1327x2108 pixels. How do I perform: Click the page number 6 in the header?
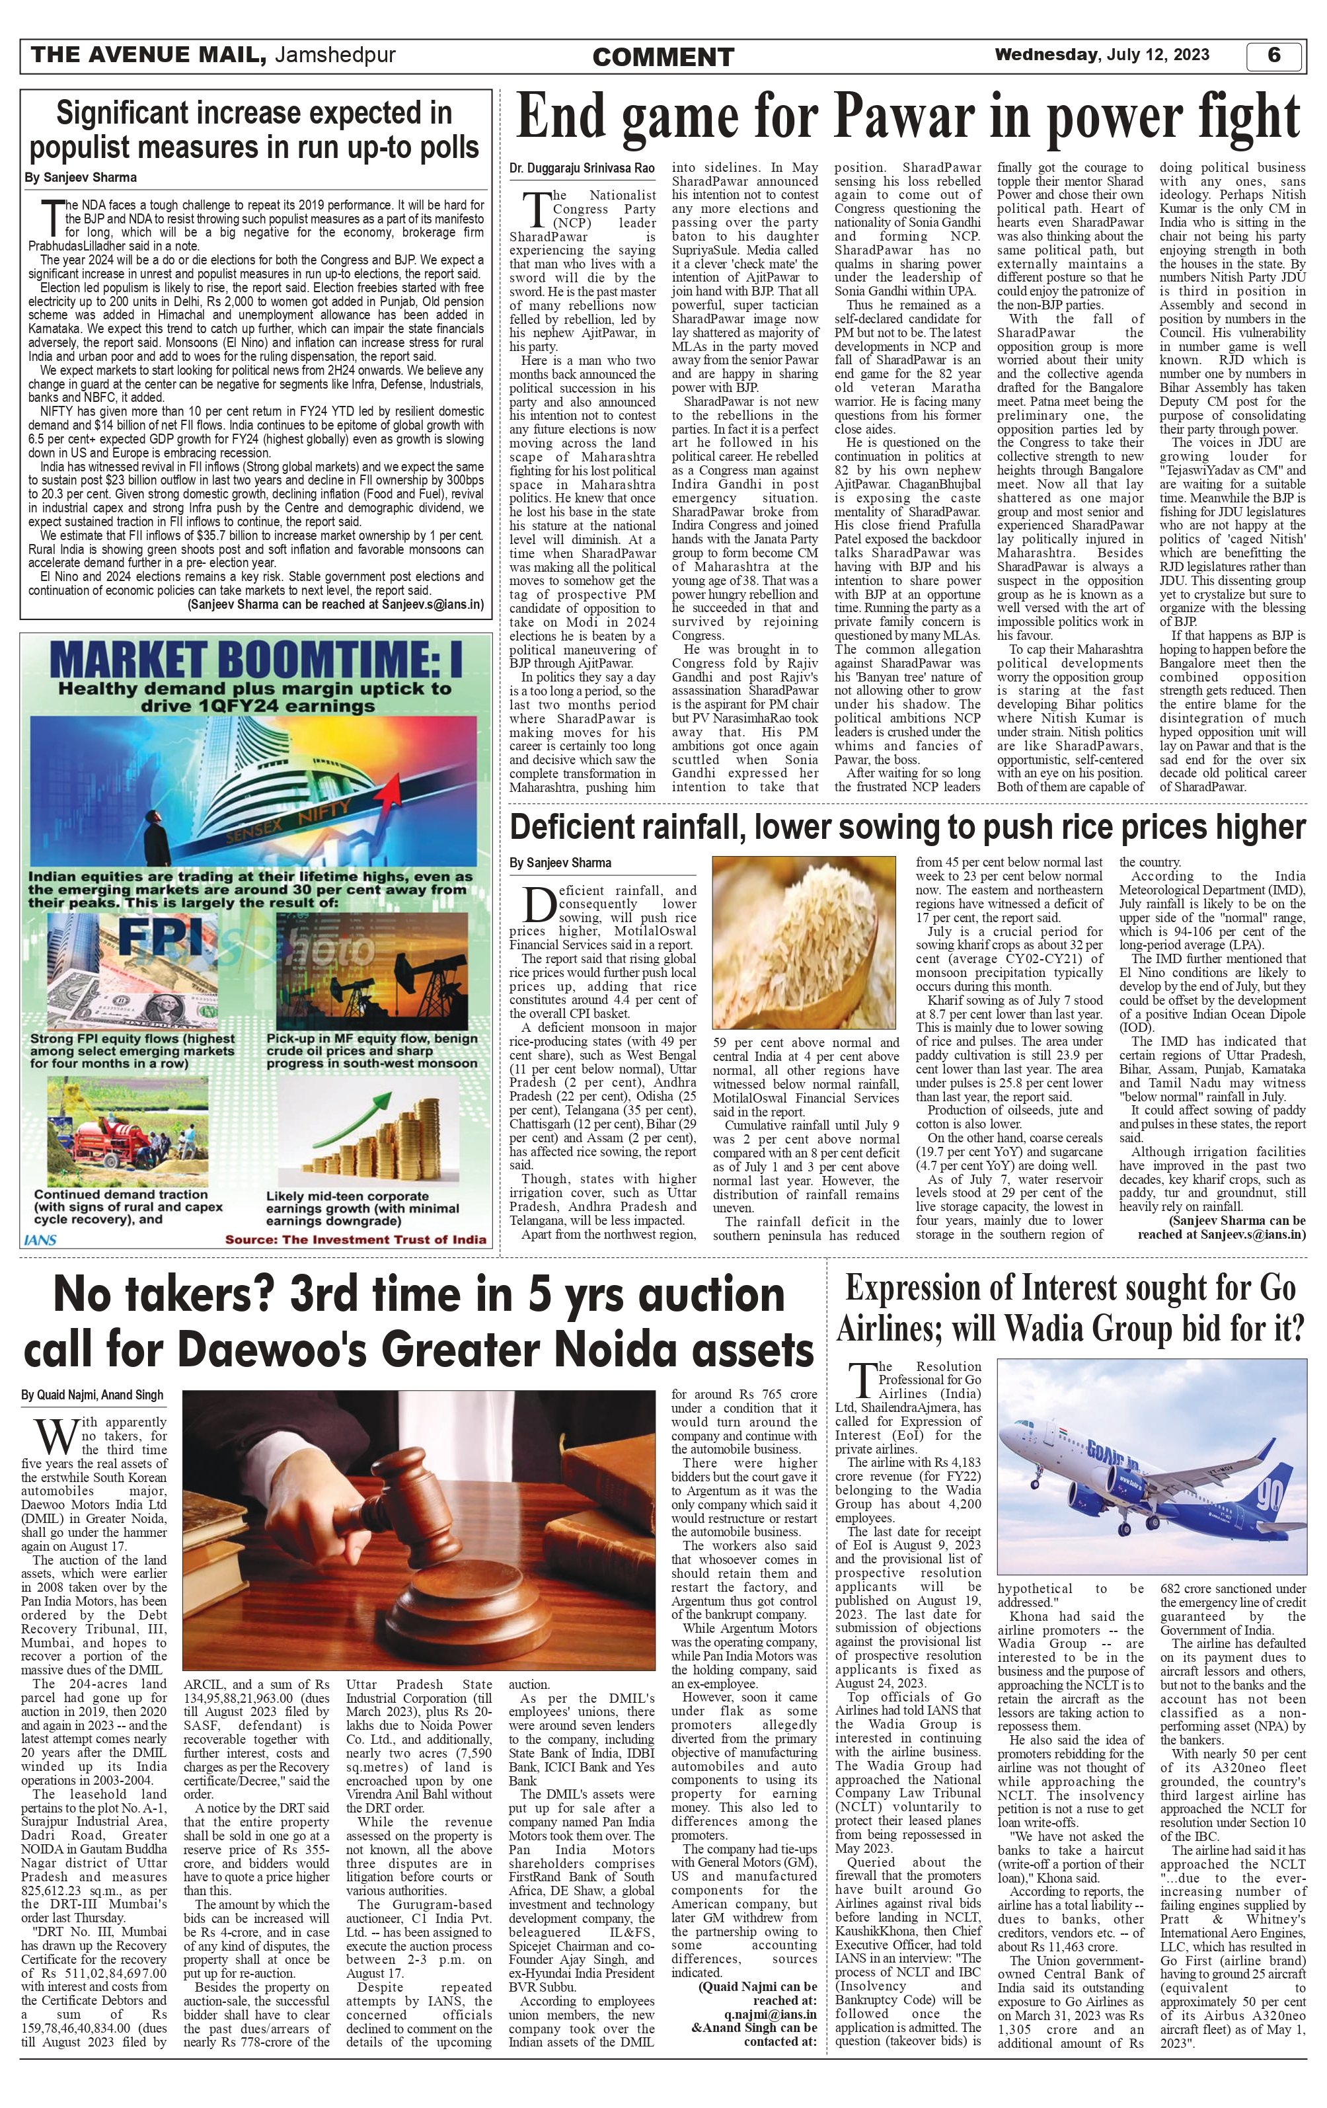click(1273, 55)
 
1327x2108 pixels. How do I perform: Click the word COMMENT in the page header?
click(663, 58)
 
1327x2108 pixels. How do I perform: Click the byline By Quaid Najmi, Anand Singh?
click(92, 1395)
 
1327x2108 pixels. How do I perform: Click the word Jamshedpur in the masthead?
click(334, 55)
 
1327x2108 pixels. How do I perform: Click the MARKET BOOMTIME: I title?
click(256, 659)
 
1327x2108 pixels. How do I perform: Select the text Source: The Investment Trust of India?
click(356, 1239)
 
